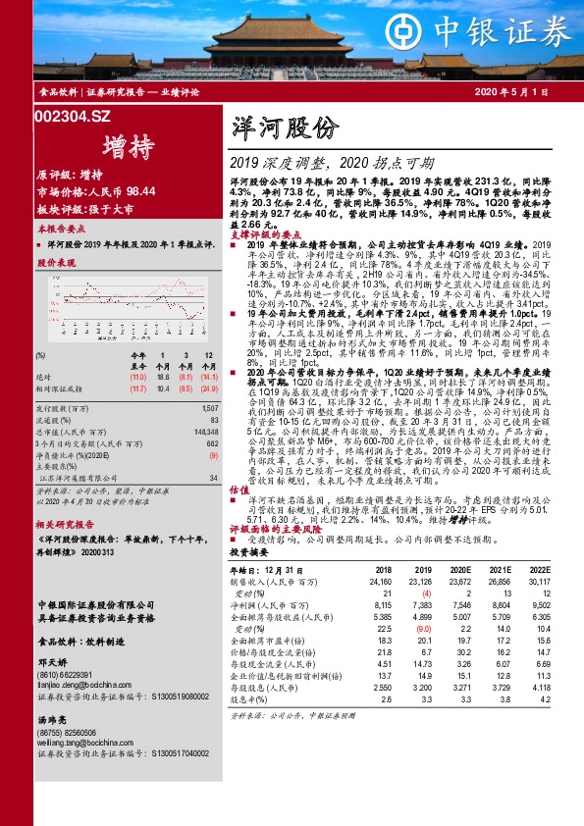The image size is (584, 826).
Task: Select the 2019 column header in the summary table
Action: click(423, 569)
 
